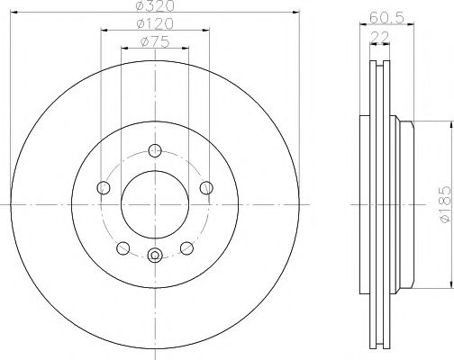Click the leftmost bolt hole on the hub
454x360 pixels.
pos(103,187)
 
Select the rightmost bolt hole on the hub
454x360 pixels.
pos(206,187)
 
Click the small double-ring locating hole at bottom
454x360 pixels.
pos(154,254)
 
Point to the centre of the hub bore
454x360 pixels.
pos(154,204)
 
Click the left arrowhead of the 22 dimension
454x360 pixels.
pos(372,45)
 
